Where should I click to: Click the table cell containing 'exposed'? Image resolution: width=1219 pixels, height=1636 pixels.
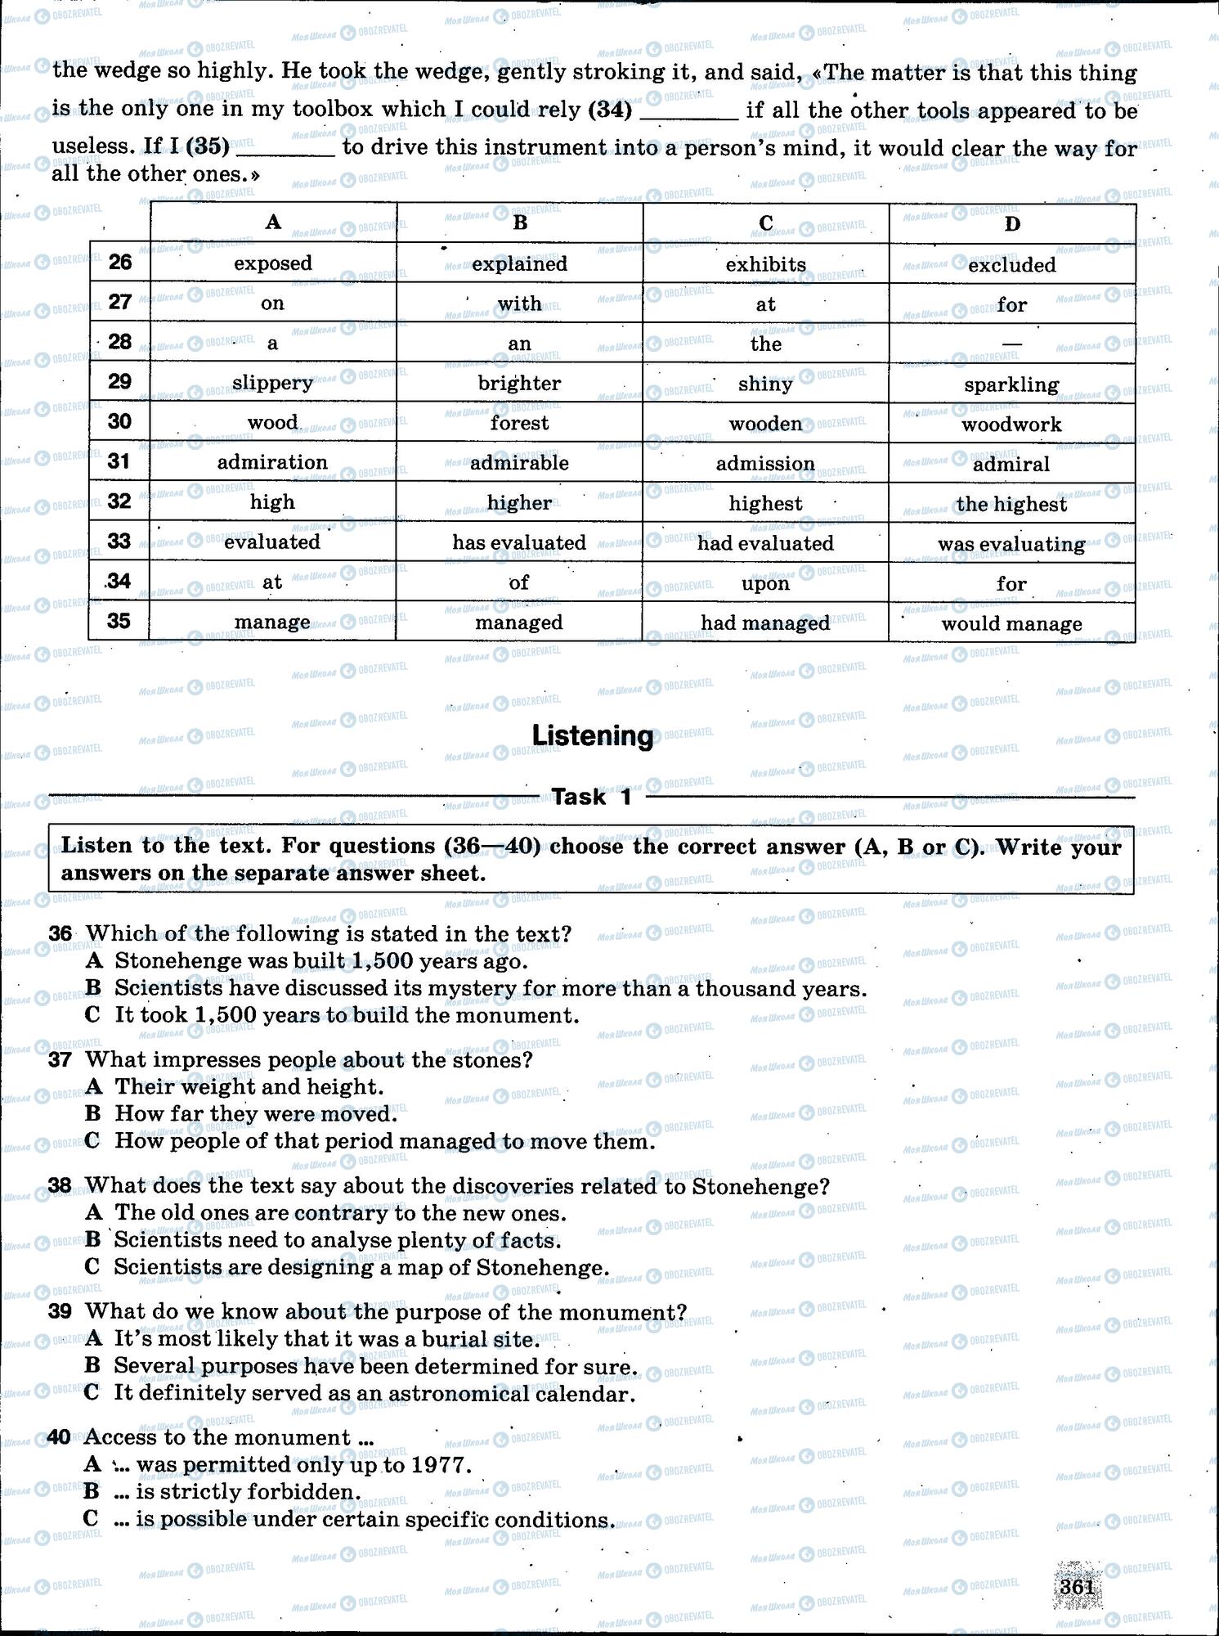tap(273, 263)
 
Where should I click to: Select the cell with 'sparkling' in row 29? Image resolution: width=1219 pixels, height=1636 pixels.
tap(1011, 384)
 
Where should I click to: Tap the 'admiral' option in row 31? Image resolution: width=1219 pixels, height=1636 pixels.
tap(1011, 464)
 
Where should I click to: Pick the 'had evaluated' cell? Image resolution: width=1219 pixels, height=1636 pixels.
tap(765, 543)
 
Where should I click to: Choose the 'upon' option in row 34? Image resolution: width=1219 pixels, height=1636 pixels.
tap(765, 583)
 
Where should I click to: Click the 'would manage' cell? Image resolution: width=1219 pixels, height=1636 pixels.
tap(1011, 623)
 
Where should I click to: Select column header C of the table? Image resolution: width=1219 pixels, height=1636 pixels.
tap(765, 223)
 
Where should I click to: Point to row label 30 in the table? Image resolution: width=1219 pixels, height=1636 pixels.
tap(119, 422)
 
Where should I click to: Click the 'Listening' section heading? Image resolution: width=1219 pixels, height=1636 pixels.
tap(593, 735)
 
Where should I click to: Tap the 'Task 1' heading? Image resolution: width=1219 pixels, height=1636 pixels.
tap(592, 797)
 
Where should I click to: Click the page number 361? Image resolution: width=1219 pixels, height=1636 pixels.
tap(1077, 1586)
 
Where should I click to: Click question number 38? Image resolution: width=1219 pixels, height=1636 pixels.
tap(60, 1185)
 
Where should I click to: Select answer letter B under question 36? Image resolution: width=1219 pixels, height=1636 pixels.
tap(93, 988)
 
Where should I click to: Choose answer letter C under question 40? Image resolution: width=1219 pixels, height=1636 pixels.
tap(92, 1519)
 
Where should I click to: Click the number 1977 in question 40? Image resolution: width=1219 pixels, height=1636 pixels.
tap(441, 1464)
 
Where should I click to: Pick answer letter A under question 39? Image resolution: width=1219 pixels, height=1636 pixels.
tap(93, 1338)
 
